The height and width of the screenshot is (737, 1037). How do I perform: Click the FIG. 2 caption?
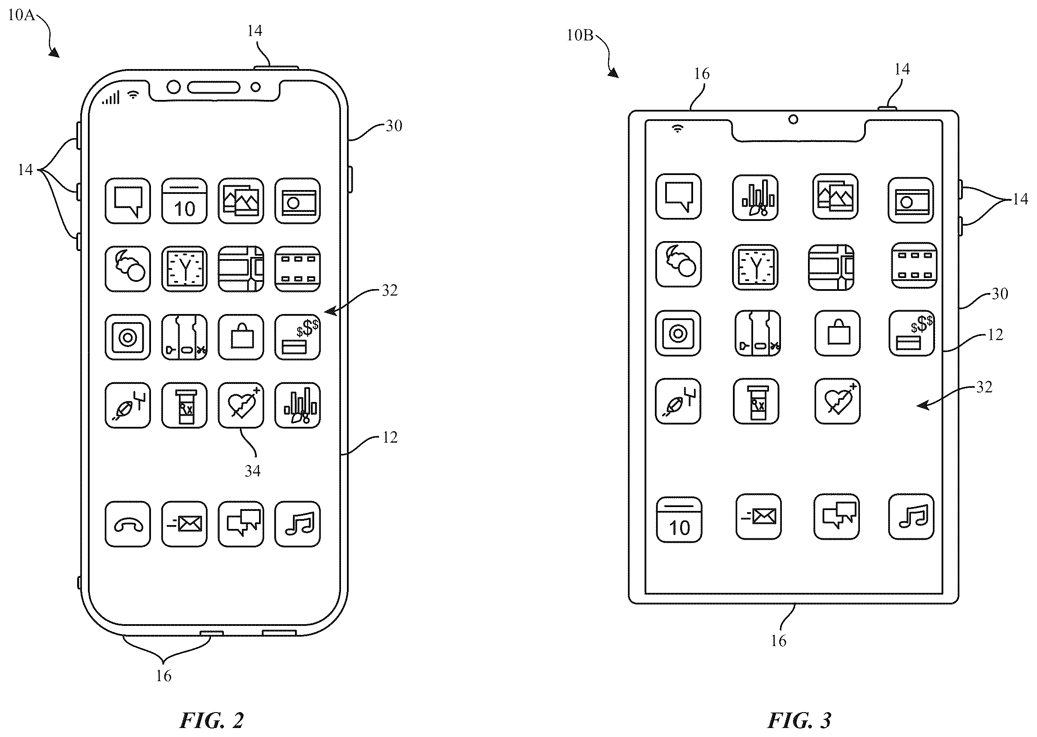point(212,720)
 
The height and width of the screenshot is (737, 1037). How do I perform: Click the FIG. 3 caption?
point(799,720)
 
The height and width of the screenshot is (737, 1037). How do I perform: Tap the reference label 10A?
point(21,15)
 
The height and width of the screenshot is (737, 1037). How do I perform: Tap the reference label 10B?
point(580,35)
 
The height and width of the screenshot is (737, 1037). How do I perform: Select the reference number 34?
point(253,471)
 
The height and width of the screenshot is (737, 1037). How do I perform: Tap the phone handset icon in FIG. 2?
point(128,524)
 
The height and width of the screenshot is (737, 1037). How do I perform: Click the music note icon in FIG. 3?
point(911,517)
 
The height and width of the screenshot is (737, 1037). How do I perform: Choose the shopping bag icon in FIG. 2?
point(241,337)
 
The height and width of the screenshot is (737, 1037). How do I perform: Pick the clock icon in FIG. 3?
point(755,267)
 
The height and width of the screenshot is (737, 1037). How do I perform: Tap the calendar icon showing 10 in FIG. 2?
point(184,201)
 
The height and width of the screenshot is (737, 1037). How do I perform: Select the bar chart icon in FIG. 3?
point(755,198)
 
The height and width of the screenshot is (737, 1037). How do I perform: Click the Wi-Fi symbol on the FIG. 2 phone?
point(133,94)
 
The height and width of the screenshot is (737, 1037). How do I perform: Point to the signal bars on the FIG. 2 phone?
point(111,97)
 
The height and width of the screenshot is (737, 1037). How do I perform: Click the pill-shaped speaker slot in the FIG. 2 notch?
point(214,87)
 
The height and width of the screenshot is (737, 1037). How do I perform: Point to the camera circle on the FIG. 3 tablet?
point(793,119)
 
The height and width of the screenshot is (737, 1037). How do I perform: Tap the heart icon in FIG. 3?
point(838,401)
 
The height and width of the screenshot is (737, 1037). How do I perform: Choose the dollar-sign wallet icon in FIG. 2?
point(298,337)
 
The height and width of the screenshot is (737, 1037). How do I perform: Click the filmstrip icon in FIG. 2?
point(298,269)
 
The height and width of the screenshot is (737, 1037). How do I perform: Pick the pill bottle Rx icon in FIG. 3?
point(756,401)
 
